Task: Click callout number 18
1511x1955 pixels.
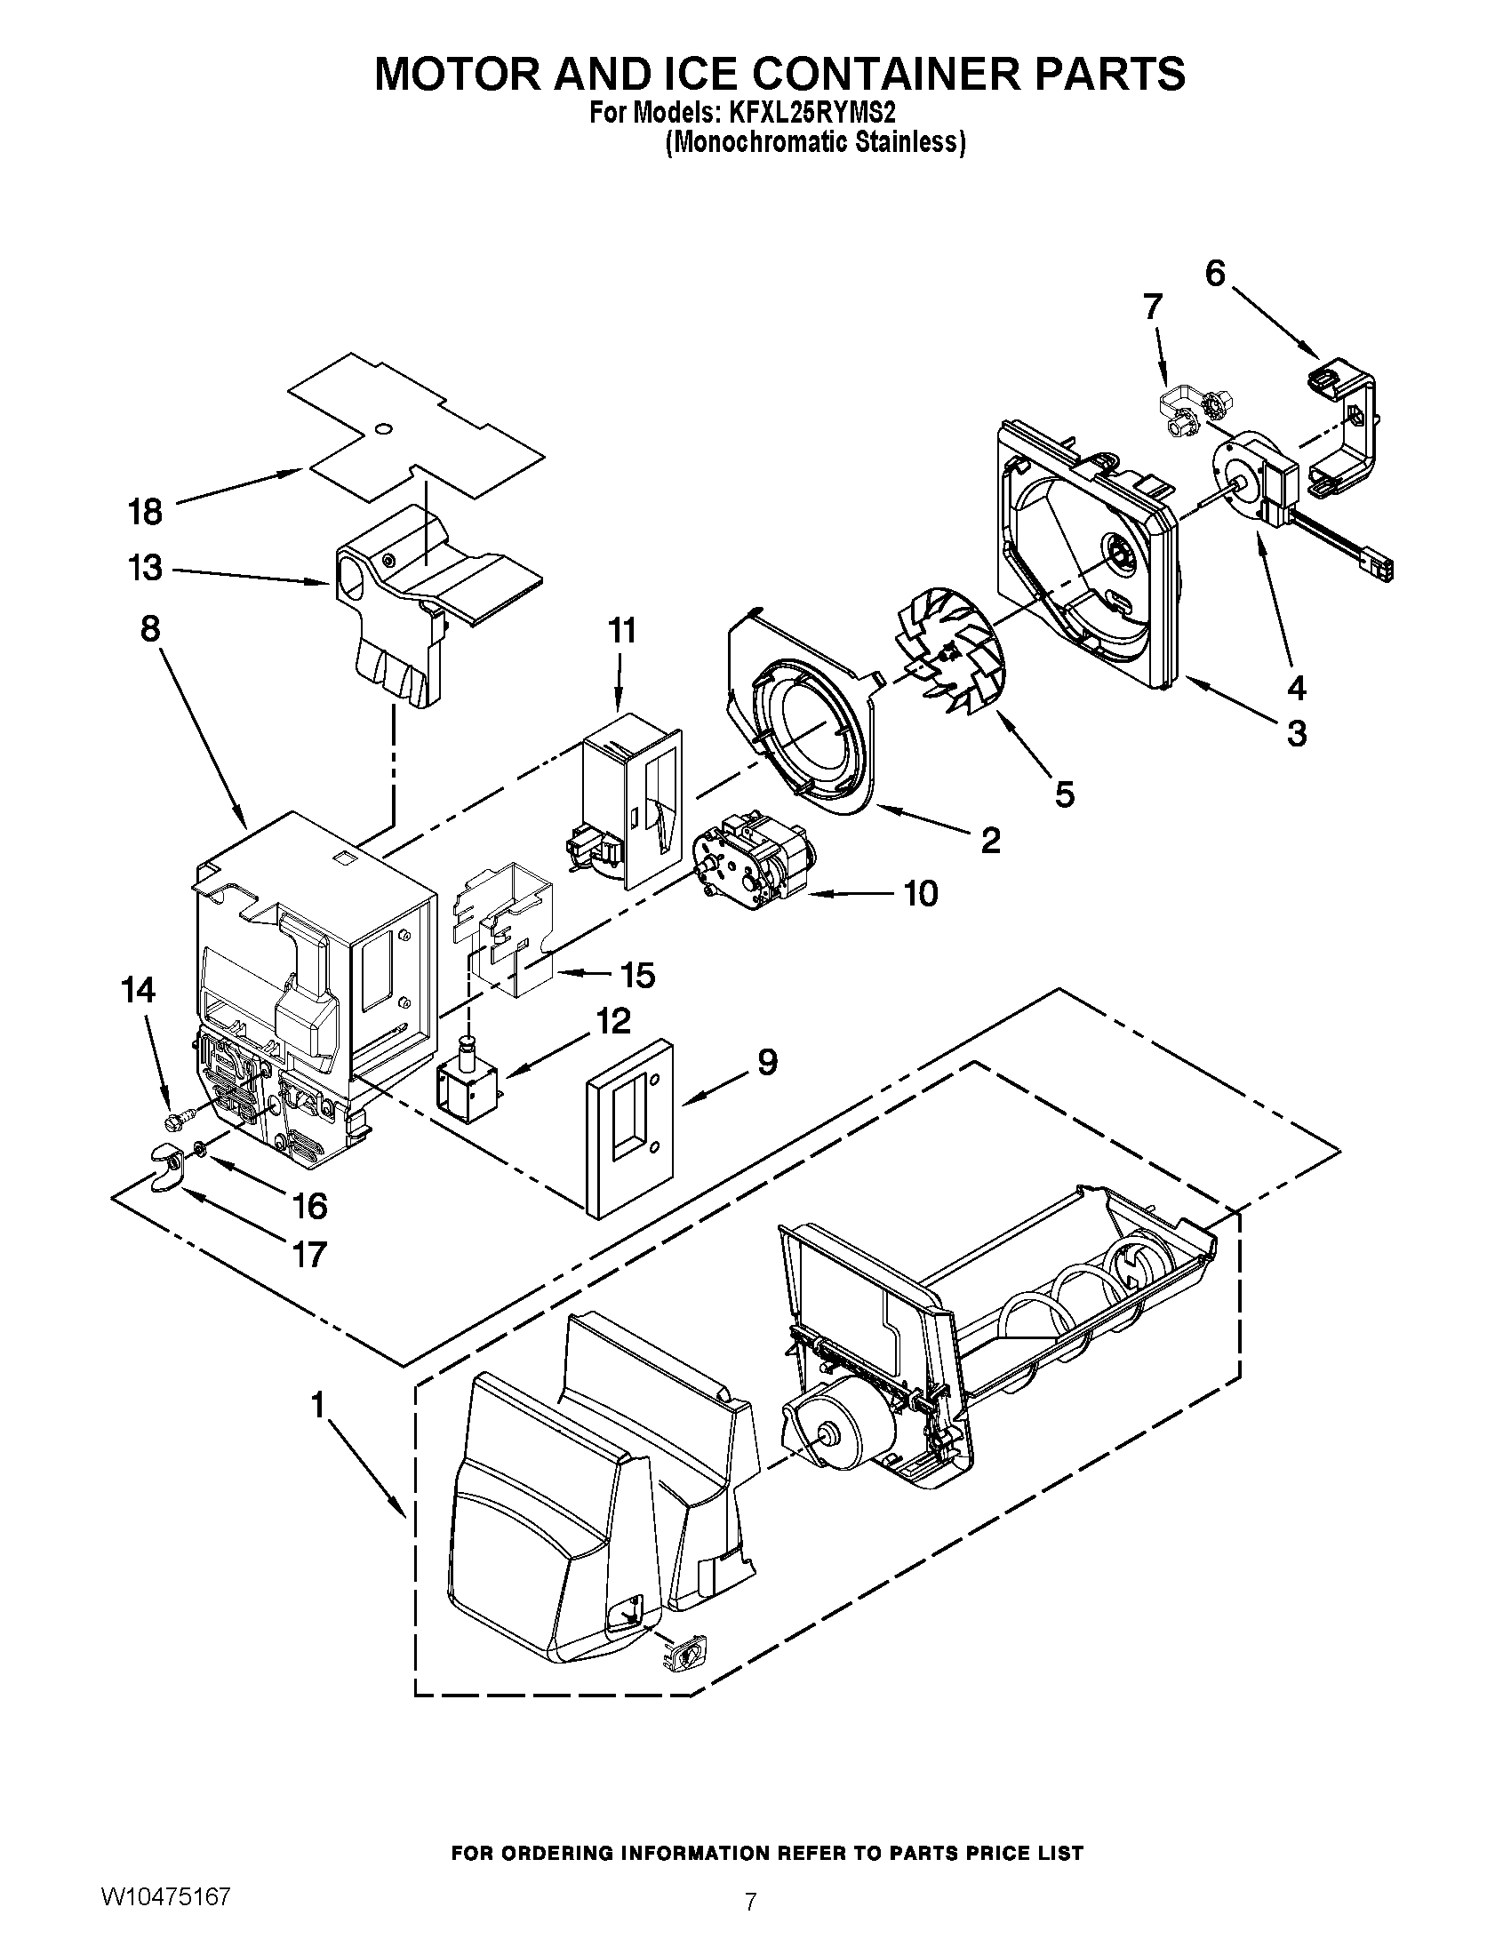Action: point(144,512)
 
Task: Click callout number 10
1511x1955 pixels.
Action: point(921,892)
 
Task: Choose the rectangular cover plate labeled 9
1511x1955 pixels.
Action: point(629,1127)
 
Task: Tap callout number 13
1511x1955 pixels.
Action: point(144,568)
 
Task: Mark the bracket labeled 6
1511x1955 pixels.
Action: point(1344,429)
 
